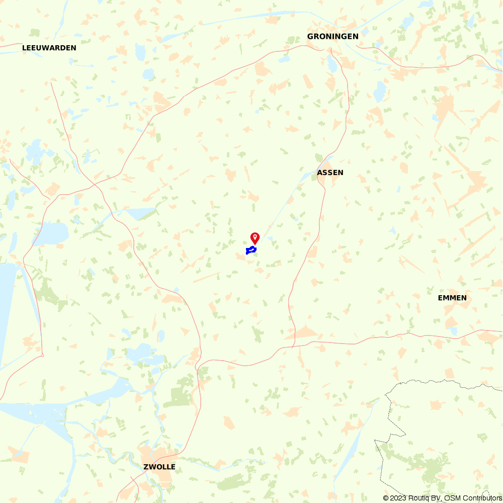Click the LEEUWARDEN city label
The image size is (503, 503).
coord(49,48)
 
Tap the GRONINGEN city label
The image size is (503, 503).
coord(332,36)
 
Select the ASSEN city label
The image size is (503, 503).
coord(330,173)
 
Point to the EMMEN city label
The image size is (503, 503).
coord(452,298)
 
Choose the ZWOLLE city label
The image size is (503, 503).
coord(159,467)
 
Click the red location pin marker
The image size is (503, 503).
coord(255,237)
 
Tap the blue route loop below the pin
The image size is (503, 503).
coord(251,250)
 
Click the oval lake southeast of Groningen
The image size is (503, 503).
coord(380,91)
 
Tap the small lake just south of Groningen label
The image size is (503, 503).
coord(331,64)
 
